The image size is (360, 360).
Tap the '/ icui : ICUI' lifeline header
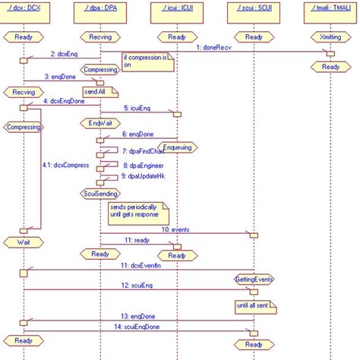coord(176,8)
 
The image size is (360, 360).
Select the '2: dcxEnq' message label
coord(65,54)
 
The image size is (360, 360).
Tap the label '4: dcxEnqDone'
coord(63,100)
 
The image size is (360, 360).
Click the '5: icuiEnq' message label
coord(138,109)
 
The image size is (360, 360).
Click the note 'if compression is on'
coord(147,61)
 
